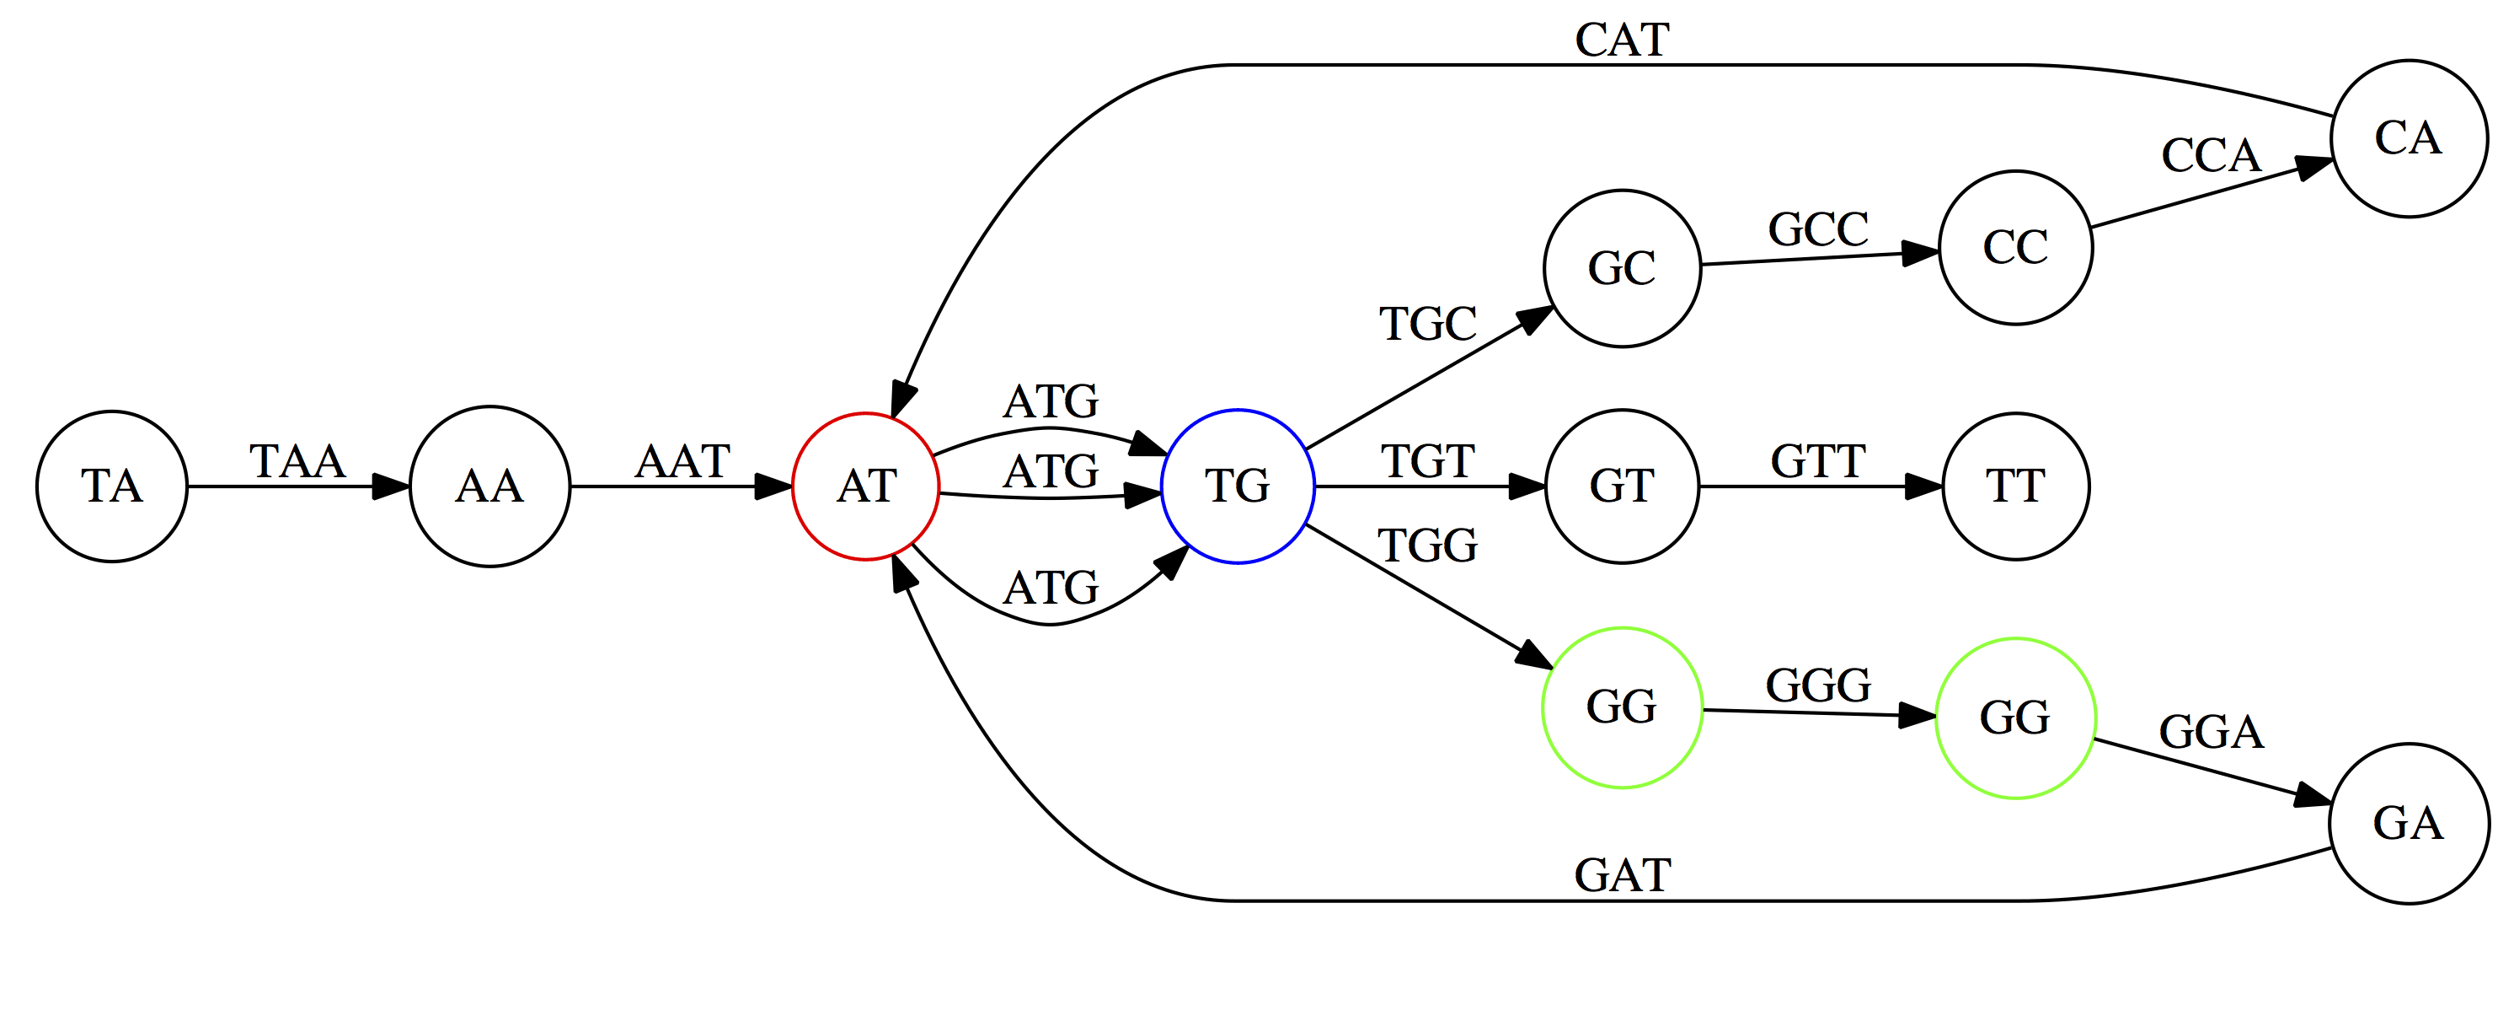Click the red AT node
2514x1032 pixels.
(x=865, y=486)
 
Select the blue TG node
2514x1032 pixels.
(x=1238, y=486)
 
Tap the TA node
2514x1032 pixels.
(x=111, y=486)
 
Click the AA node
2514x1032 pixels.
(x=489, y=486)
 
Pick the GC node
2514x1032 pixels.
(x=1621, y=268)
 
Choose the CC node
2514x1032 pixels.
(x=2015, y=248)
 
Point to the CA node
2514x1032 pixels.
(x=2408, y=138)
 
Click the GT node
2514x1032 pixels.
(x=1621, y=486)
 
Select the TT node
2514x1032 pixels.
(x=2015, y=486)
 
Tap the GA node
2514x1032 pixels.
(x=2408, y=824)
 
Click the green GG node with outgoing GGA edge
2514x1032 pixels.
(x=2015, y=718)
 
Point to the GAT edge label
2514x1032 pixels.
(x=1622, y=876)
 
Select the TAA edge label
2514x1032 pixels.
(x=297, y=462)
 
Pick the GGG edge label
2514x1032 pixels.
(x=1818, y=685)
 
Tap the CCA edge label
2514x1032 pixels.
(x=2211, y=155)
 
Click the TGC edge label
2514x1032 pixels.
(x=1427, y=324)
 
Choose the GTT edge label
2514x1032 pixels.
(x=1818, y=462)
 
